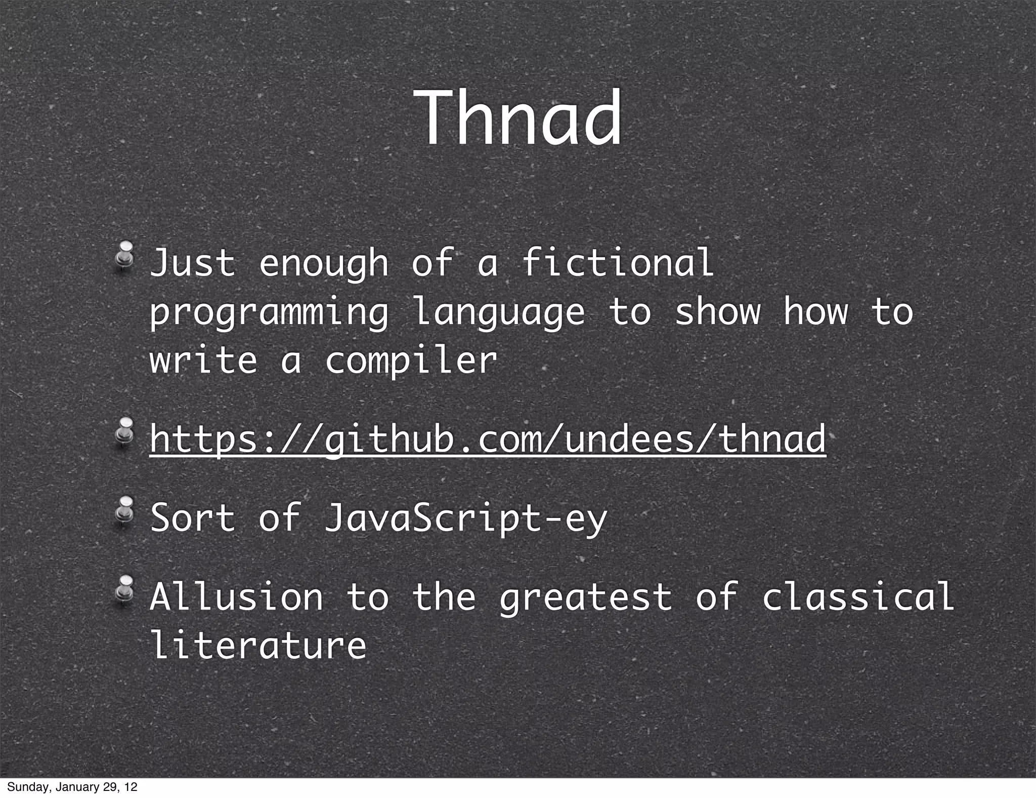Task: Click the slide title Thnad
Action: (519, 119)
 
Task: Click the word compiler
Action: (411, 361)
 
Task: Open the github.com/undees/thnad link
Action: (488, 438)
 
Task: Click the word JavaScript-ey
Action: (465, 518)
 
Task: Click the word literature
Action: (258, 645)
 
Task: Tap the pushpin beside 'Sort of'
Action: (124, 511)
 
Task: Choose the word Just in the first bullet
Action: (193, 263)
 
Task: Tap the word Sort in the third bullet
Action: (193, 517)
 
